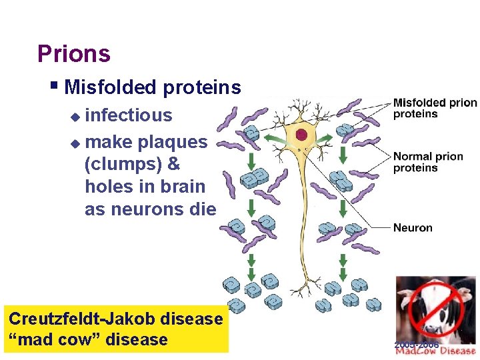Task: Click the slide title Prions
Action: point(74,53)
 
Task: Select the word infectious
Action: point(129,115)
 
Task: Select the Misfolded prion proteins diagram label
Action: point(435,108)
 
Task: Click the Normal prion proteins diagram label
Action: point(427,162)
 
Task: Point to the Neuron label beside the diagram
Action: point(413,228)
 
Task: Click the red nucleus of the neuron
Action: point(301,135)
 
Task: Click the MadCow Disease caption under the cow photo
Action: point(436,351)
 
